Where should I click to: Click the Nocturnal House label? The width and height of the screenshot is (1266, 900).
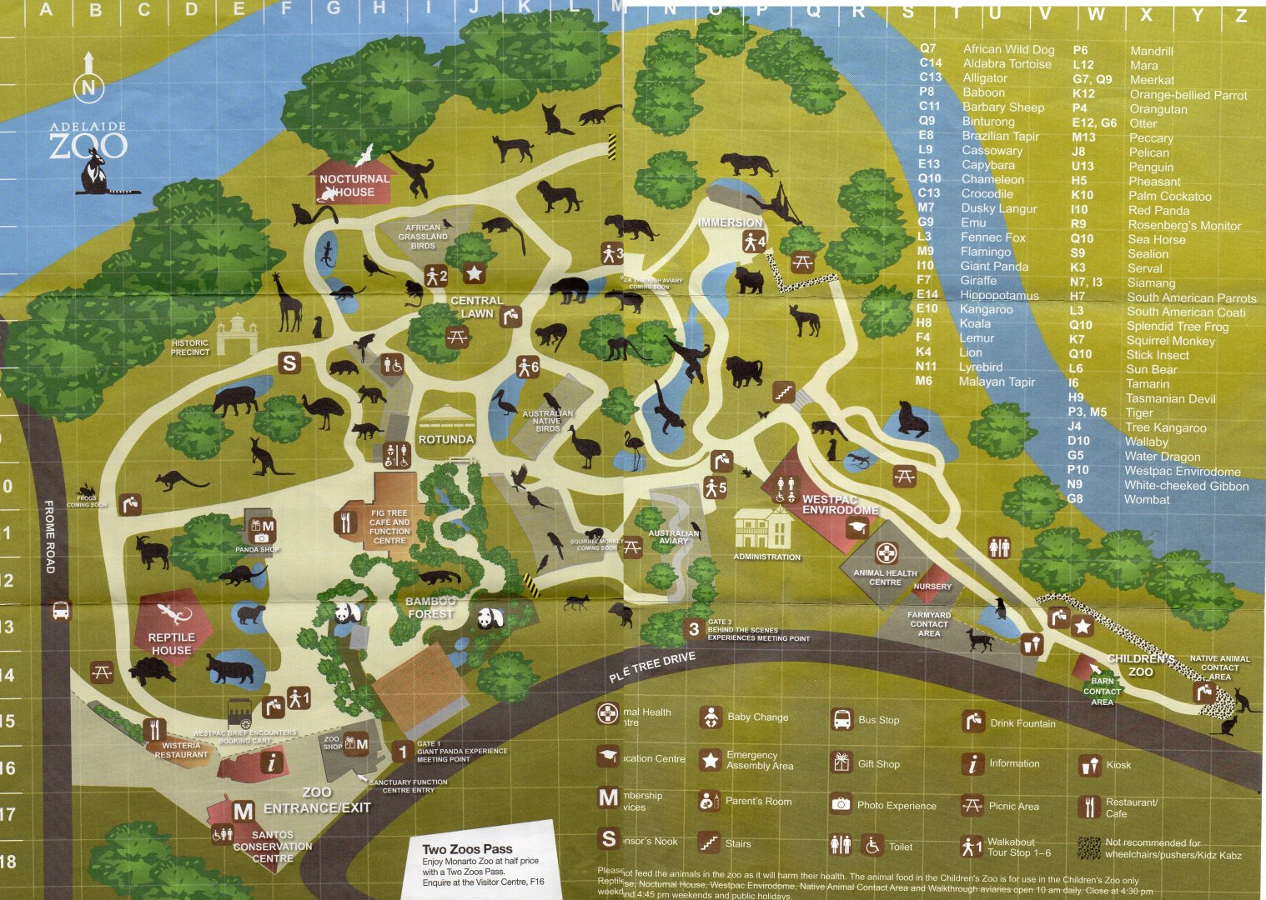tap(354, 185)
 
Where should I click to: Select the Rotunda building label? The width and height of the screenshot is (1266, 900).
tap(446, 439)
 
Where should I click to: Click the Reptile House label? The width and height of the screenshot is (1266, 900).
tap(171, 643)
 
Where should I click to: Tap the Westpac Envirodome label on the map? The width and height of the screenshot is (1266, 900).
tap(840, 504)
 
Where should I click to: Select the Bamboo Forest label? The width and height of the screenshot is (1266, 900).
tap(430, 607)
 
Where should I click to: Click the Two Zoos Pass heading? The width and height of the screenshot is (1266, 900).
tap(467, 848)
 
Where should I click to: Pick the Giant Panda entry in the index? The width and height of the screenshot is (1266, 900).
tap(994, 266)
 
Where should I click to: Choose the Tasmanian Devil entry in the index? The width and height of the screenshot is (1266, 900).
tap(1171, 398)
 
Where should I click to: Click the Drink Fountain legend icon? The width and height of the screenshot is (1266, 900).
tap(972, 721)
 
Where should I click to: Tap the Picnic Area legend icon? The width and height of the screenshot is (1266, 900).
tap(972, 805)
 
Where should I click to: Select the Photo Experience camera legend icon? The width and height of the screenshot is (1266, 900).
tap(841, 804)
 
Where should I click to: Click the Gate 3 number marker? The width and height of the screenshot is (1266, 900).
tap(694, 630)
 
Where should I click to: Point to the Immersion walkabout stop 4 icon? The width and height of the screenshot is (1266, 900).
tap(754, 242)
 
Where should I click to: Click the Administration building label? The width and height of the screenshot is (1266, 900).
tap(766, 557)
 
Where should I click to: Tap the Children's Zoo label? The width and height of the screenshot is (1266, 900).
tap(1141, 665)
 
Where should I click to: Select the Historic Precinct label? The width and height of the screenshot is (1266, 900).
tap(190, 347)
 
